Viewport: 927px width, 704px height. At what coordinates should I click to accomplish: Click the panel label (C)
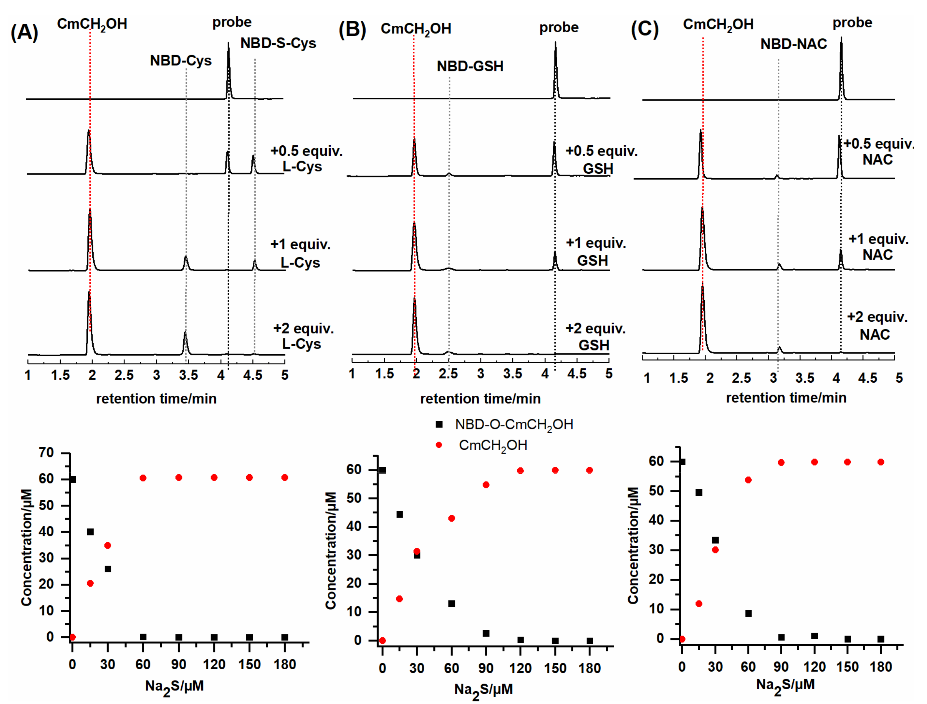645,30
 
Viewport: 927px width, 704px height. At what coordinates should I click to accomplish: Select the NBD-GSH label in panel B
470,66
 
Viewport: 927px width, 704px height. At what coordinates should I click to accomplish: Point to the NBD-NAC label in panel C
793,44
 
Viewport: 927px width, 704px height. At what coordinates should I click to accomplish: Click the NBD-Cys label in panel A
180,61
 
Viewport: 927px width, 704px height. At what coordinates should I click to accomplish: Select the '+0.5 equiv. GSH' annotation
601,159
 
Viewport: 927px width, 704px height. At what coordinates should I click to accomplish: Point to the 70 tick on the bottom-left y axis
46,452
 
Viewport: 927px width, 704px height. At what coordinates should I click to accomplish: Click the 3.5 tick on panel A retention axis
188,375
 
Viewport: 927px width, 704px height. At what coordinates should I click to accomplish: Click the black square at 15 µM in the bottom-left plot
90,532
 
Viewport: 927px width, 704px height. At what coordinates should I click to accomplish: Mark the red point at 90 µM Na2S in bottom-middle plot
486,485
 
